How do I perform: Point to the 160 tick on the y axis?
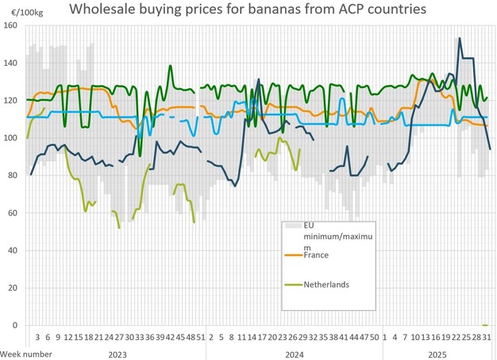pyautogui.click(x=10, y=25)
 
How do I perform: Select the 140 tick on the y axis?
pyautogui.click(x=10, y=63)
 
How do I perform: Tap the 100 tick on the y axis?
pyautogui.click(x=10, y=138)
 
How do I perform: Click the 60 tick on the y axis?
pyautogui.click(x=12, y=213)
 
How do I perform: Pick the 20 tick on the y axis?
pyautogui.click(x=12, y=288)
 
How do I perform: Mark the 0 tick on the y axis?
pyautogui.click(x=14, y=326)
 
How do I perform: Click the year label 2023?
pyautogui.click(x=116, y=351)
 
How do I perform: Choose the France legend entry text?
pyautogui.click(x=318, y=254)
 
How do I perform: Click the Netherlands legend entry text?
pyautogui.click(x=327, y=284)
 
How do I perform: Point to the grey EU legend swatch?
pyautogui.click(x=291, y=226)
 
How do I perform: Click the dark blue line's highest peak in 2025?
pyautogui.click(x=459, y=38)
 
